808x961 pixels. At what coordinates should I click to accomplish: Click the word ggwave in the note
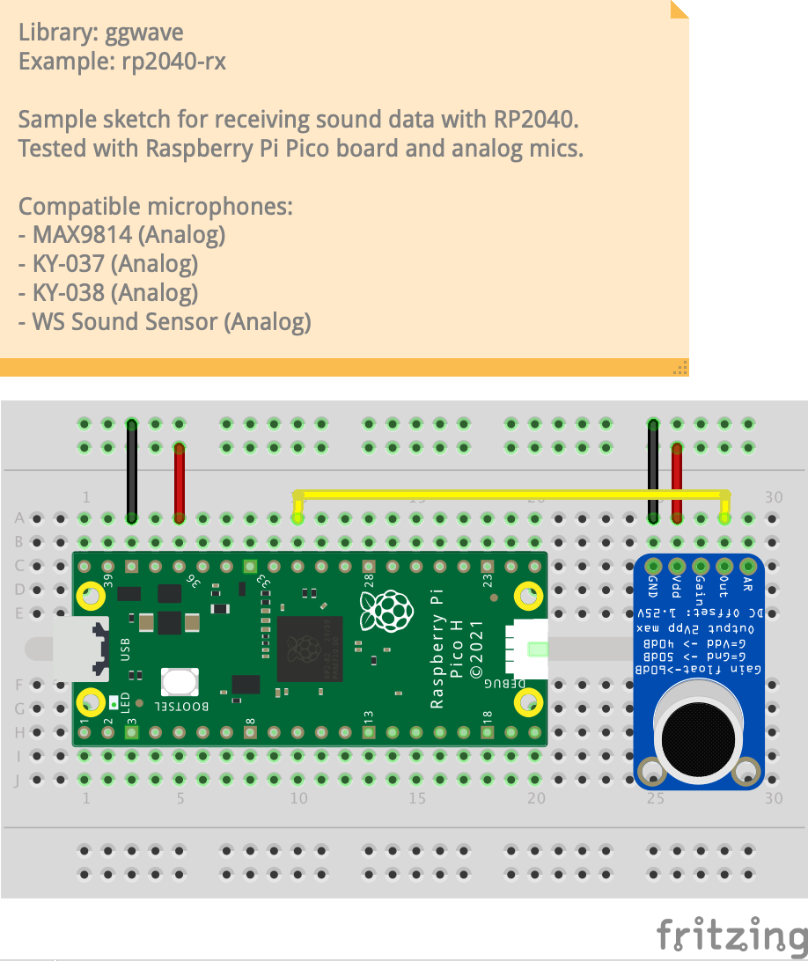(x=144, y=34)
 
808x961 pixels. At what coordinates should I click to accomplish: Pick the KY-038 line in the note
(x=107, y=292)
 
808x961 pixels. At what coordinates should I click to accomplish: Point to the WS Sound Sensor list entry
(x=165, y=321)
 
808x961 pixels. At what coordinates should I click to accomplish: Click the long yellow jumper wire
(x=511, y=494)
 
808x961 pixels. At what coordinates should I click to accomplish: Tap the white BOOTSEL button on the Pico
(x=180, y=683)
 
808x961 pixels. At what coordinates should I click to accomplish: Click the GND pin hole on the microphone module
(x=653, y=565)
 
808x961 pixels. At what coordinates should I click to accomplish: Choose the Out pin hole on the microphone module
(x=724, y=565)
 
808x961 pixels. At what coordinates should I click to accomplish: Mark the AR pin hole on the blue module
(x=748, y=565)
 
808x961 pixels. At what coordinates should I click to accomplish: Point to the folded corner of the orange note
(x=679, y=9)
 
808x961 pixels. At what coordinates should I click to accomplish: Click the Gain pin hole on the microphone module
(x=701, y=565)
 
